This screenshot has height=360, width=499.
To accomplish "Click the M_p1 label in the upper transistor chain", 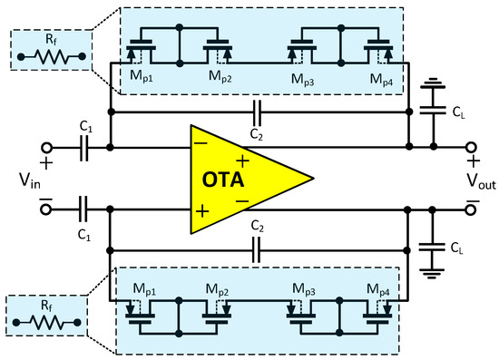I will click(144, 79).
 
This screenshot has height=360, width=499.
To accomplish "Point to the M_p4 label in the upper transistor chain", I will click(381, 79).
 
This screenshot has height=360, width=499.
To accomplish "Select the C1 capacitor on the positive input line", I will click(85, 145).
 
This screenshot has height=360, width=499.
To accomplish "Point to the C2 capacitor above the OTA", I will click(258, 112).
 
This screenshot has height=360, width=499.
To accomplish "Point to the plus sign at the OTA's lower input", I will click(201, 209).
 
